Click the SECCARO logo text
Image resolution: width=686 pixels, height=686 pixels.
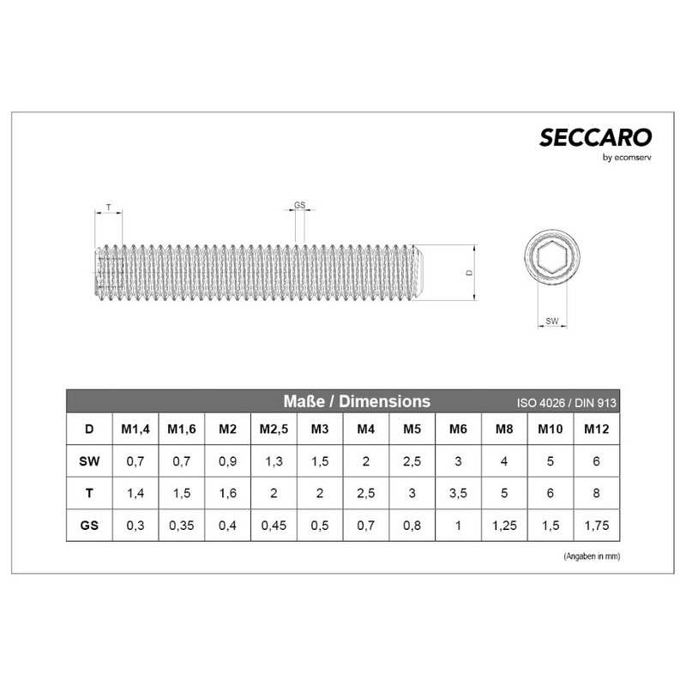(596, 137)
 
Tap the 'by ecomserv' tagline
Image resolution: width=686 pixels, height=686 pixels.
(628, 157)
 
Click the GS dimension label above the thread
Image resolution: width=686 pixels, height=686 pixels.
(299, 206)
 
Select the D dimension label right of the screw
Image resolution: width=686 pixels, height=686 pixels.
(467, 272)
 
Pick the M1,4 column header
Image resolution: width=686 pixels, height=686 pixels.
(135, 429)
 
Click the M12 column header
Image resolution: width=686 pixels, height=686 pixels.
(597, 429)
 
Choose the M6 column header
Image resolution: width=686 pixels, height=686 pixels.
(458, 429)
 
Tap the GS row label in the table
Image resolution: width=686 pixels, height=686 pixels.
(89, 526)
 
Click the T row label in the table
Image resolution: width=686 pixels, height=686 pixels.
(89, 494)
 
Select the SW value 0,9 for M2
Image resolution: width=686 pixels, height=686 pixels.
(227, 461)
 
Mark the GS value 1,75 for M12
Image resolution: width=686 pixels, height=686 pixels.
(597, 526)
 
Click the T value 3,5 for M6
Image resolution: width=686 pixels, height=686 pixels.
(458, 494)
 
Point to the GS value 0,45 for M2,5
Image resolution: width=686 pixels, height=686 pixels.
(274, 526)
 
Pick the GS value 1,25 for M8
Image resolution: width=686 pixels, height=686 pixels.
(504, 526)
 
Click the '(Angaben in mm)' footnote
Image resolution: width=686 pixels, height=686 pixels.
(592, 556)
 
